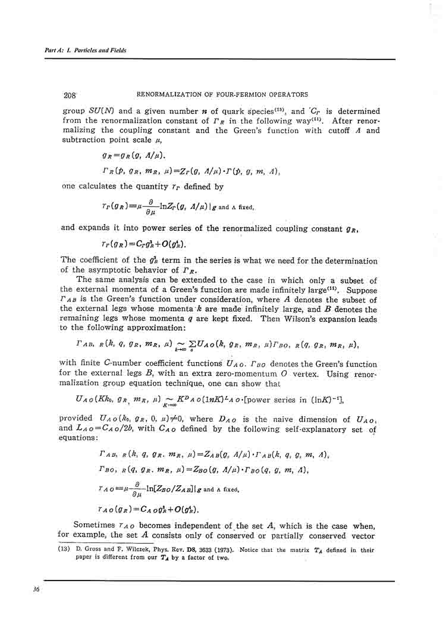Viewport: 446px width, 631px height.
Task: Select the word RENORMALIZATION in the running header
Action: point(172,95)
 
